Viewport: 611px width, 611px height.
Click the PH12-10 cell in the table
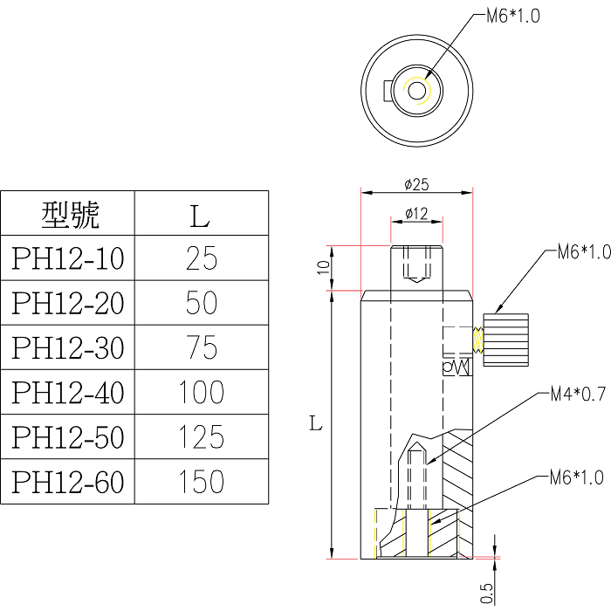[68, 258]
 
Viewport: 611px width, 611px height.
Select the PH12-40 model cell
[68, 393]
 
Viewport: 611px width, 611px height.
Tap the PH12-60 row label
[68, 482]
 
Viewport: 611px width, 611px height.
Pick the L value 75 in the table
[202, 347]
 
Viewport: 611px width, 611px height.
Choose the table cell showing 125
[202, 436]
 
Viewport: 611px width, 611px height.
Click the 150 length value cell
[202, 482]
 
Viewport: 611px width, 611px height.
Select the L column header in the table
[202, 214]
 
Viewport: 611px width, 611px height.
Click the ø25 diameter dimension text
[416, 184]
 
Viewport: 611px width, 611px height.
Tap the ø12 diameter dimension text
[416, 214]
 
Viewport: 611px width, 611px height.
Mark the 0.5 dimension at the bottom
[486, 593]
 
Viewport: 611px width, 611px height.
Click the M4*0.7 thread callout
[578, 395]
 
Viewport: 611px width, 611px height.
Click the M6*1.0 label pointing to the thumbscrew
[583, 252]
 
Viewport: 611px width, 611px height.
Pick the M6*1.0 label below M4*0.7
[577, 477]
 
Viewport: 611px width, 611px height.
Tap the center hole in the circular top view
[416, 90]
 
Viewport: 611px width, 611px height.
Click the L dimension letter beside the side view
[316, 425]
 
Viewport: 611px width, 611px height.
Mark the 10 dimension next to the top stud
[323, 268]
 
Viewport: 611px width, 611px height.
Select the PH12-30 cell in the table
[68, 347]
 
